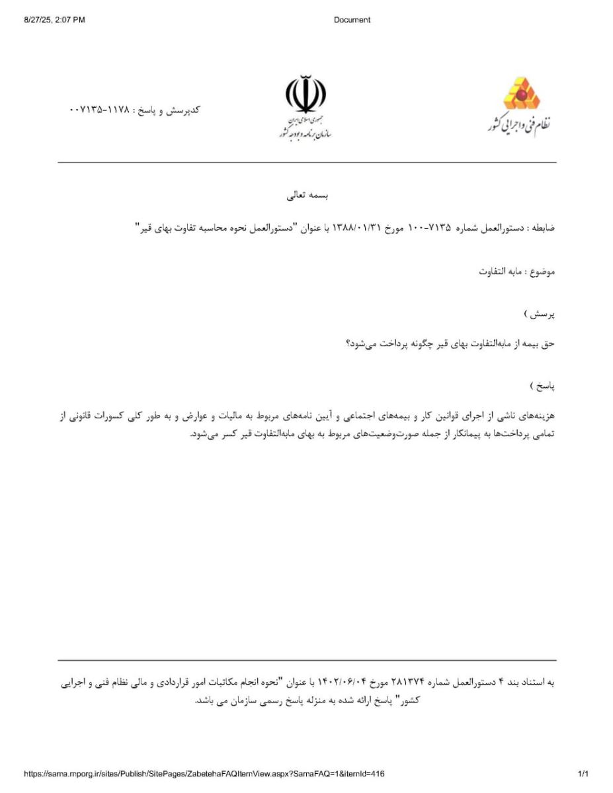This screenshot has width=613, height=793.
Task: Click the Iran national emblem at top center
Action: (306, 96)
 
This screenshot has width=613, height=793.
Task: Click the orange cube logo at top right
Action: (522, 93)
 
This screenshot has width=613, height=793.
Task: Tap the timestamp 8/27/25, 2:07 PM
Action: (54, 20)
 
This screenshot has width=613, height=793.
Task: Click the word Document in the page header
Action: (352, 20)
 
